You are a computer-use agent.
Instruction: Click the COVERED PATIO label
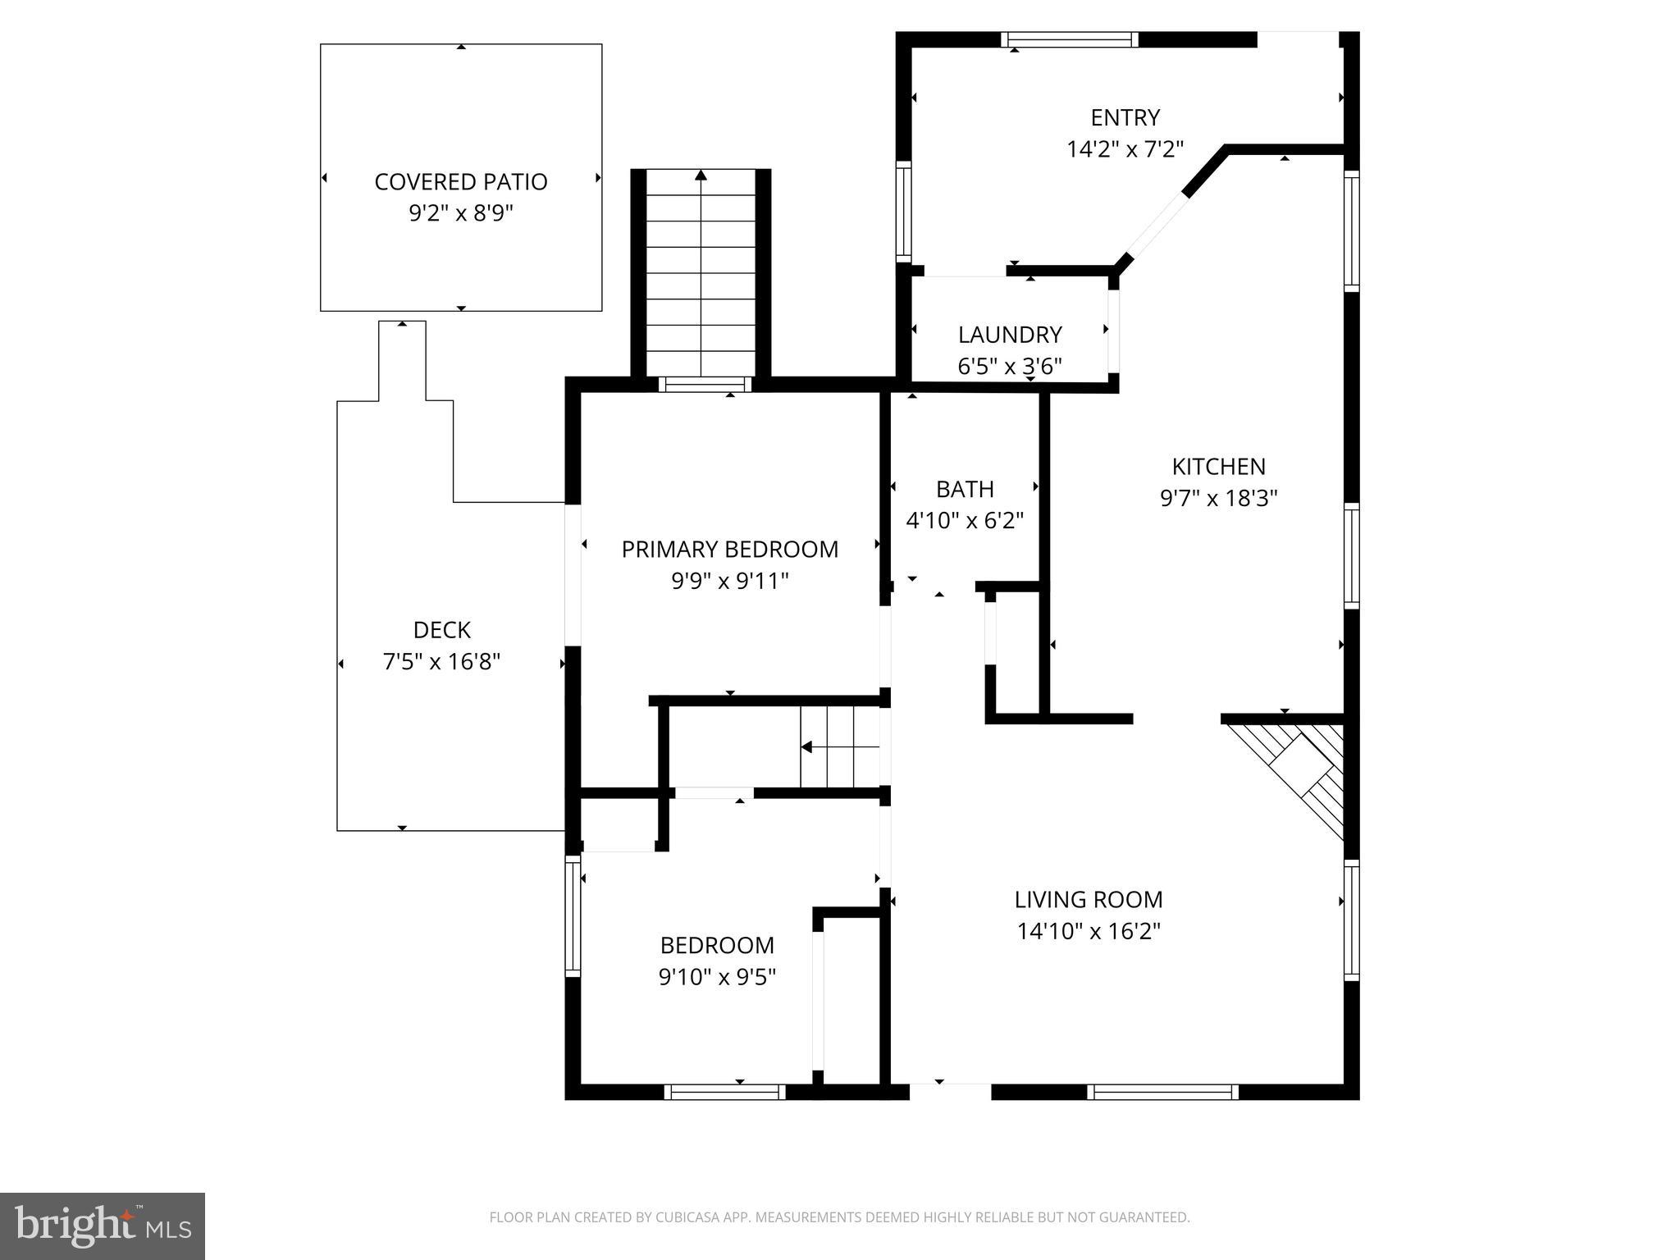[460, 181]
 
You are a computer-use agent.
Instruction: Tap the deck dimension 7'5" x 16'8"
[441, 661]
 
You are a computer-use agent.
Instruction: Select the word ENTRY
[1125, 118]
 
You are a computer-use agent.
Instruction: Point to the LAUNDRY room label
[1010, 335]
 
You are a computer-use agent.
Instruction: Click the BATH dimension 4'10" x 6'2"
[965, 520]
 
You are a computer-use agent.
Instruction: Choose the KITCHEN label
[1218, 467]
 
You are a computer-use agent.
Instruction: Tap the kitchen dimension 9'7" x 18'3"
[1218, 498]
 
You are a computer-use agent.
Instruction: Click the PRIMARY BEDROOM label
[729, 549]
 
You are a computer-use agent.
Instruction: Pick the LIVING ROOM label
[1089, 900]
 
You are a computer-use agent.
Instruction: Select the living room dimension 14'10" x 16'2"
[1089, 931]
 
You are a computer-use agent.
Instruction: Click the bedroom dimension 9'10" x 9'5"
[717, 977]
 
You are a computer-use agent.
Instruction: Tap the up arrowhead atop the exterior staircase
[701, 175]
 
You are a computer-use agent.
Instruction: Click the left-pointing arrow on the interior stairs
[806, 747]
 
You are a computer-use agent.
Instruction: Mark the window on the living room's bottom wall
[1162, 1092]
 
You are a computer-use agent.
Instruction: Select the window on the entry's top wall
[1069, 39]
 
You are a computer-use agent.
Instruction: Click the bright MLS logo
[102, 1226]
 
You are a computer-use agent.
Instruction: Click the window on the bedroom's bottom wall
[724, 1092]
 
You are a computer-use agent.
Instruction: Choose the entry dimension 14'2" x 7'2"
[1125, 149]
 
